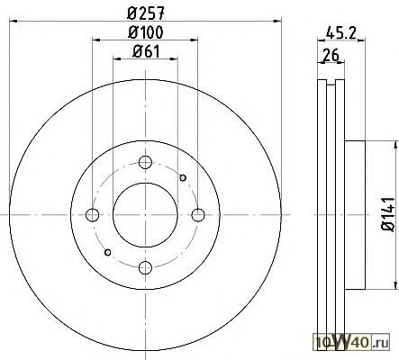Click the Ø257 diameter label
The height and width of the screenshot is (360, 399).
click(x=146, y=13)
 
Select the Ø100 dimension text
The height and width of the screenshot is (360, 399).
click(x=146, y=32)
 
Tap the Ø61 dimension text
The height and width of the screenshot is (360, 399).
click(x=146, y=51)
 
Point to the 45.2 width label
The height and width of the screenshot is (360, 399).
click(x=340, y=32)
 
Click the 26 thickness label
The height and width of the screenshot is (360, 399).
click(x=331, y=55)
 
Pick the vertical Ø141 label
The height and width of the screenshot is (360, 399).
click(x=388, y=214)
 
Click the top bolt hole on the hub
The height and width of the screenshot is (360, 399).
click(x=145, y=162)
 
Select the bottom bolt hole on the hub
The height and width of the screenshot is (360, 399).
click(x=145, y=267)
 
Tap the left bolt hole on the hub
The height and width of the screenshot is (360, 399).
click(x=92, y=215)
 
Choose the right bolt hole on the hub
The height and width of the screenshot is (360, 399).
click(x=198, y=215)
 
